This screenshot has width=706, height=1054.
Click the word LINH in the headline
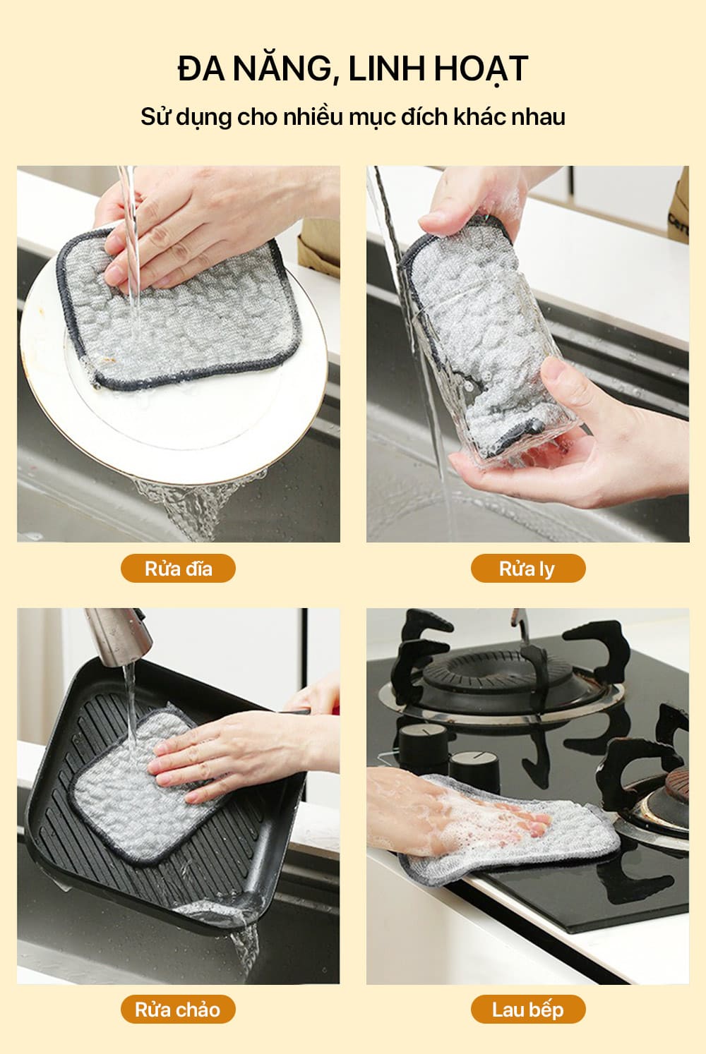tap(385, 68)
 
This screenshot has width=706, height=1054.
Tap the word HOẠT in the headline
tap(481, 69)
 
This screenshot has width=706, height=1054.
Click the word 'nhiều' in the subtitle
tap(313, 116)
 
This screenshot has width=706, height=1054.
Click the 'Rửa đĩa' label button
tap(178, 568)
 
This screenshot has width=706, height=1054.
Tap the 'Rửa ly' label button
tap(528, 568)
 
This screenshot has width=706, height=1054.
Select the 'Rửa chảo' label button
tap(178, 1009)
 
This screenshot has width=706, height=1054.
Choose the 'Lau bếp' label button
tap(528, 1009)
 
